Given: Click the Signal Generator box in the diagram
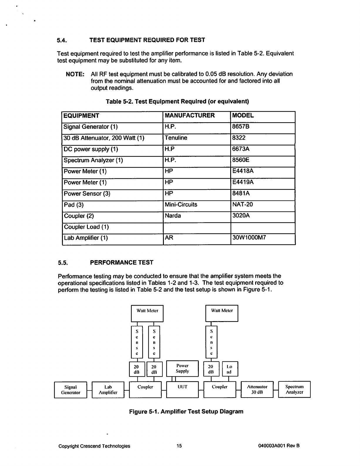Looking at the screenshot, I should (x=70, y=390).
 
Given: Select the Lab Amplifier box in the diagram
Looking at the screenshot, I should (x=108, y=390).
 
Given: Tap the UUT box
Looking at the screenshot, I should (x=182, y=390).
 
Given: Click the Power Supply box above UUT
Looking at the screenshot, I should (x=182, y=368).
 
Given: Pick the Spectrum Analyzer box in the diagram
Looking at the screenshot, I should (x=294, y=390).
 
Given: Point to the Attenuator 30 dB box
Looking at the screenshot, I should (x=257, y=390).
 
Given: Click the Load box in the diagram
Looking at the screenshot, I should (x=230, y=369).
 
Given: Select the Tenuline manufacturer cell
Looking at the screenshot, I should (x=176, y=138).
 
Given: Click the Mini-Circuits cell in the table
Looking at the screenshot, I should (x=181, y=205).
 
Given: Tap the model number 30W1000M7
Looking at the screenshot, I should (x=249, y=238).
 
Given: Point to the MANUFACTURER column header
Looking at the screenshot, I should (x=190, y=115).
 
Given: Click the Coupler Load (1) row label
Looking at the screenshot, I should (x=86, y=227).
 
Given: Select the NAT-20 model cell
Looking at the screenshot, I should (x=242, y=205).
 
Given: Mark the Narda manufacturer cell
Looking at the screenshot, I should (x=173, y=216).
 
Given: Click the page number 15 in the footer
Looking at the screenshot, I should (x=179, y=446).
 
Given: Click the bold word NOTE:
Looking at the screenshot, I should (x=75, y=74).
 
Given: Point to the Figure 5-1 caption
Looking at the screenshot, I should (x=186, y=411).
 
